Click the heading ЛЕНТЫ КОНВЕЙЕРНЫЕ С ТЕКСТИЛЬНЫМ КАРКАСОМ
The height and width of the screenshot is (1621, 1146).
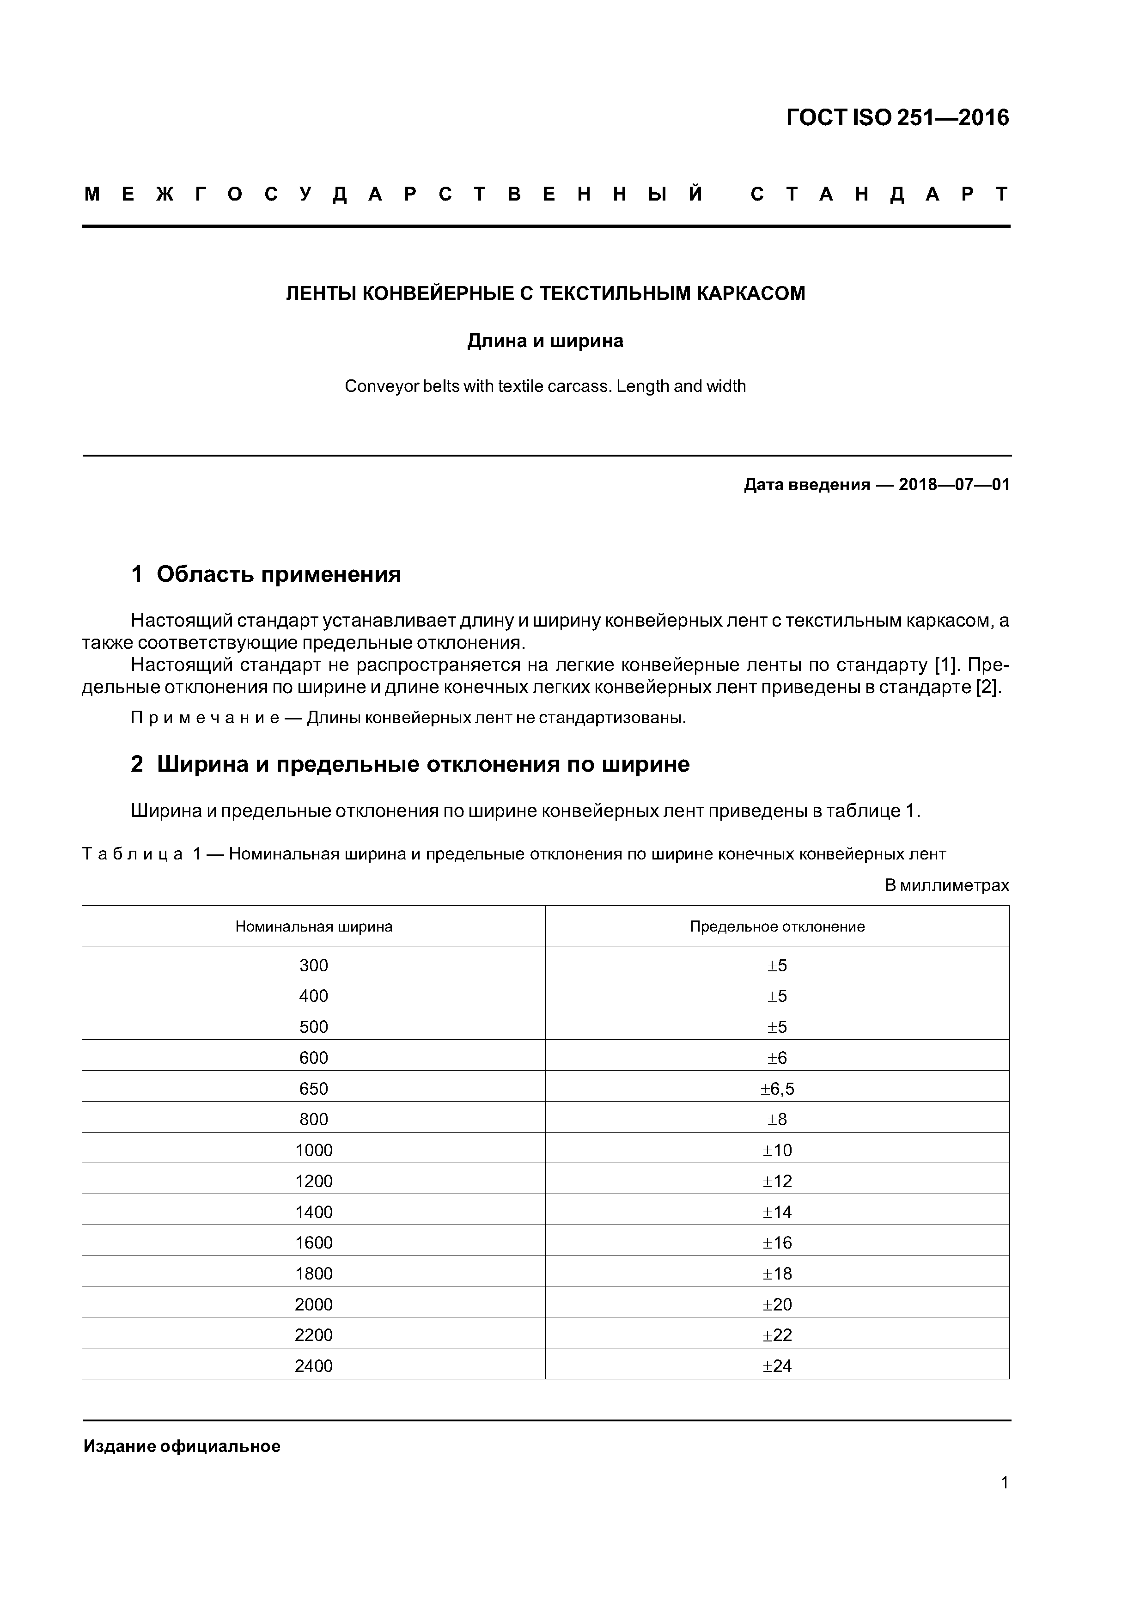tap(545, 294)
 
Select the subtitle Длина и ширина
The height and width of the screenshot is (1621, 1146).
tap(545, 341)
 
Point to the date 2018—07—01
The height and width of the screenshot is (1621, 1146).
tap(954, 485)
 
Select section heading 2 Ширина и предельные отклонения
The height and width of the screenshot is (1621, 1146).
tap(409, 765)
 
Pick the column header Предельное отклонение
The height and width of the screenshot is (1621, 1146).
tap(777, 927)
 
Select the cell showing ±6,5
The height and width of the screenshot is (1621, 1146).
tap(777, 1089)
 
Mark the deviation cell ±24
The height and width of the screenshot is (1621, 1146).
tap(777, 1366)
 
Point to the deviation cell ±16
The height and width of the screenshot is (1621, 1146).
tap(777, 1243)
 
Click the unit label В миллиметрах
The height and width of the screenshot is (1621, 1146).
tap(946, 885)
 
